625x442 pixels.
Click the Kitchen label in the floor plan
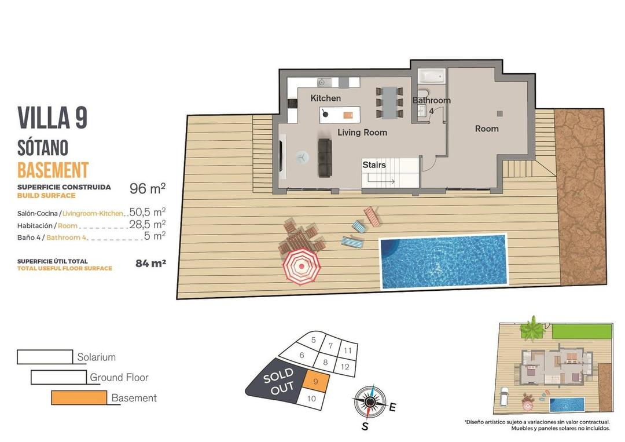coord(325,98)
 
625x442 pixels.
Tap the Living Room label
coord(362,133)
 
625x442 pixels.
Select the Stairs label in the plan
coord(374,165)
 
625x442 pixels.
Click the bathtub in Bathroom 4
coord(431,76)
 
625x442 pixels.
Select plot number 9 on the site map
coord(316,381)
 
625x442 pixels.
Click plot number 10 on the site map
coord(311,398)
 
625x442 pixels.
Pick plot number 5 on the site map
coord(313,341)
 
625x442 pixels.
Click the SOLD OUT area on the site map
coord(278,381)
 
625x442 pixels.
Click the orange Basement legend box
coord(79,398)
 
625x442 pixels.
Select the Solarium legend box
coord(45,357)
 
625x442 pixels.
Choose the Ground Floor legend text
coord(119,377)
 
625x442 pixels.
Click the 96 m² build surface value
coord(147,188)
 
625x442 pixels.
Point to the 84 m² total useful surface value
coord(150,264)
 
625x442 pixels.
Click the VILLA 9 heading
coord(52,118)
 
